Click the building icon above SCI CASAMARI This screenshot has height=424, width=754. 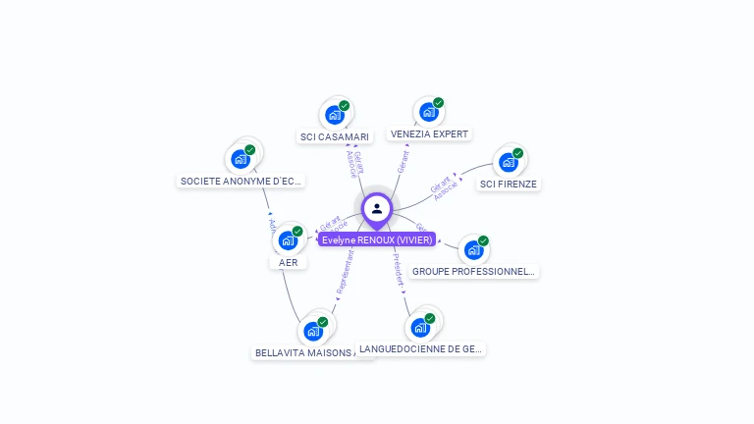coord(335,115)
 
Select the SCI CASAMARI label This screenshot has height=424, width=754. coord(335,137)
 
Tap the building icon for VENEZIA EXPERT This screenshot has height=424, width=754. coord(428,112)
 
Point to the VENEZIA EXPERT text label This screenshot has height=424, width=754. coord(429,133)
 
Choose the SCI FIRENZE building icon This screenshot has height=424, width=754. coord(508,162)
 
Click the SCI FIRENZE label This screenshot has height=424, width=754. coord(509,184)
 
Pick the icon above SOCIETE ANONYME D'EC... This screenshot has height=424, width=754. coord(241,159)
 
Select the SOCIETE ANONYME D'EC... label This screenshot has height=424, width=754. coord(242,181)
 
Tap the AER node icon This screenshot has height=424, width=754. coord(288,240)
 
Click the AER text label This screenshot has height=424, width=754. coord(288,262)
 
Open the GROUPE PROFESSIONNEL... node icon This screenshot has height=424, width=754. coord(473,249)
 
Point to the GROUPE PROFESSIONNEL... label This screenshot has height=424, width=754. coord(473,271)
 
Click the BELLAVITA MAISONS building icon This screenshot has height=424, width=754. coord(313,331)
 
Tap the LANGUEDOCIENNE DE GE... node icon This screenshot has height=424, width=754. coord(420,327)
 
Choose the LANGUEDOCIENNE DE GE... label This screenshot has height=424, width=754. coord(420,348)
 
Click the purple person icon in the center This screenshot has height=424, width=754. coord(377,209)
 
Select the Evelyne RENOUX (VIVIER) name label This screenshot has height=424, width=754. coord(377,239)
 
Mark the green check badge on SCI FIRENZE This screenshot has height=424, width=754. coord(517,153)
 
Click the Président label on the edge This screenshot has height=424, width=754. coord(399,269)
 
